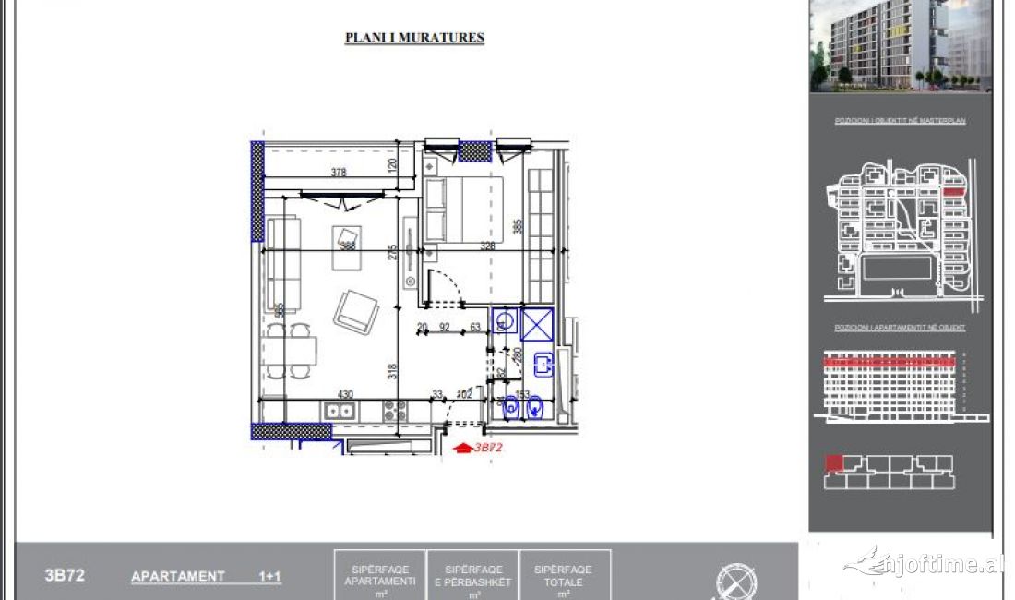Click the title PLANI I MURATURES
click(414, 38)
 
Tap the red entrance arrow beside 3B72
click(462, 448)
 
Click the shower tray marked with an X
click(536, 324)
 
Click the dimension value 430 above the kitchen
click(345, 394)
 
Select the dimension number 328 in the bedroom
click(488, 246)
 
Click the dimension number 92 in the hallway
click(444, 326)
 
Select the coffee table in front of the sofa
click(348, 246)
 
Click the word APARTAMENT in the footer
click(178, 576)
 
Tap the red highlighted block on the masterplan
click(954, 193)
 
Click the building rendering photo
click(900, 46)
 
